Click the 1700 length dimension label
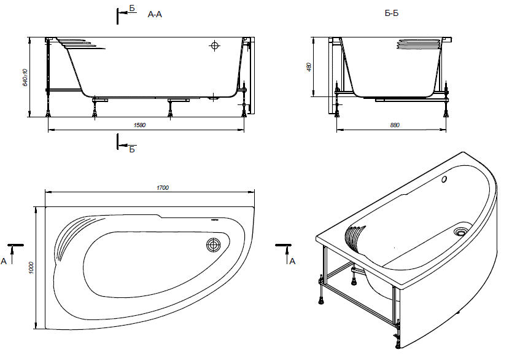[163, 188]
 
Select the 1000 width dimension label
[31, 268]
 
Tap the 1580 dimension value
[140, 125]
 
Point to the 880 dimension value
[395, 125]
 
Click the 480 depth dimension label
[309, 68]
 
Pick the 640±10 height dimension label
[25, 77]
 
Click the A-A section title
[155, 14]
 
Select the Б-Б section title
[392, 14]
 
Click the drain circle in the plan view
[214, 245]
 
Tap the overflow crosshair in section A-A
[214, 45]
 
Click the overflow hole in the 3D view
[444, 179]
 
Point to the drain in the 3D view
[460, 232]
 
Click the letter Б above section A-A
[132, 9]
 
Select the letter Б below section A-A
[132, 150]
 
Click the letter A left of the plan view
[4, 261]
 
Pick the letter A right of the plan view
[292, 261]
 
